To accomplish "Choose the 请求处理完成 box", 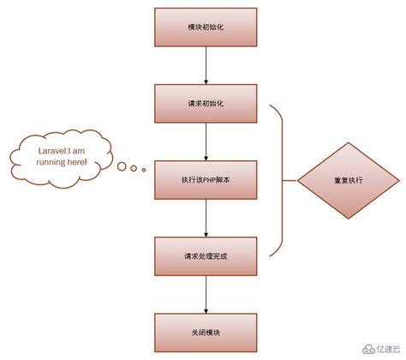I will pyautogui.click(x=206, y=255).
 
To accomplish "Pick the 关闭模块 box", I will pyautogui.click(x=206, y=331).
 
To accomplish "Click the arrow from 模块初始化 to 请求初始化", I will pyautogui.click(x=206, y=65).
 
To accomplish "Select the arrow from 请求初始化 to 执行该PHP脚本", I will pyautogui.click(x=206, y=141).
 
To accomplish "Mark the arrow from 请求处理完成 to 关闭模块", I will pyautogui.click(x=206, y=293).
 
